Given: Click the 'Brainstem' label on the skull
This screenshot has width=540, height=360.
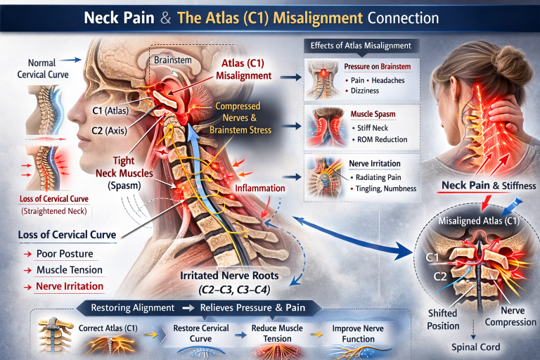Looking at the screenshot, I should [173, 61].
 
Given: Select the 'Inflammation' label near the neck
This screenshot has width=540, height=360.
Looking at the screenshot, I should [260, 188].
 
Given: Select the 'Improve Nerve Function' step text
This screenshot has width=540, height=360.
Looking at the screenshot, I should [336, 333].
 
